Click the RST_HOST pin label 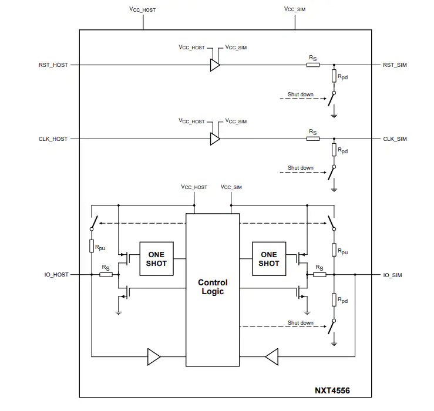(53, 65)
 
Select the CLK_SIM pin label (395, 139)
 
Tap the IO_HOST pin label (56, 275)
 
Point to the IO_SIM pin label (392, 275)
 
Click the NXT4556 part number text (332, 390)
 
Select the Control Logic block (213, 290)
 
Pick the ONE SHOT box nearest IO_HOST (156, 259)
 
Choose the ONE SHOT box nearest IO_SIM (269, 259)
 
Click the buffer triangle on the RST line (215, 65)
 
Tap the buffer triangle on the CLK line (215, 139)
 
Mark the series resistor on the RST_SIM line (313, 65)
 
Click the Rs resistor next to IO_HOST (106, 275)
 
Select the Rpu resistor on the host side (92, 246)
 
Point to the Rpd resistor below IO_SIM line (334, 300)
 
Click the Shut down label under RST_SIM (300, 95)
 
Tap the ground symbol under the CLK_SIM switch (334, 189)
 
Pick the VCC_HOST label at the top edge (142, 9)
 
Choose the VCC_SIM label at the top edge (294, 9)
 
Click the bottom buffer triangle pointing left (272, 357)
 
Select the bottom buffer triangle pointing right (154, 357)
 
